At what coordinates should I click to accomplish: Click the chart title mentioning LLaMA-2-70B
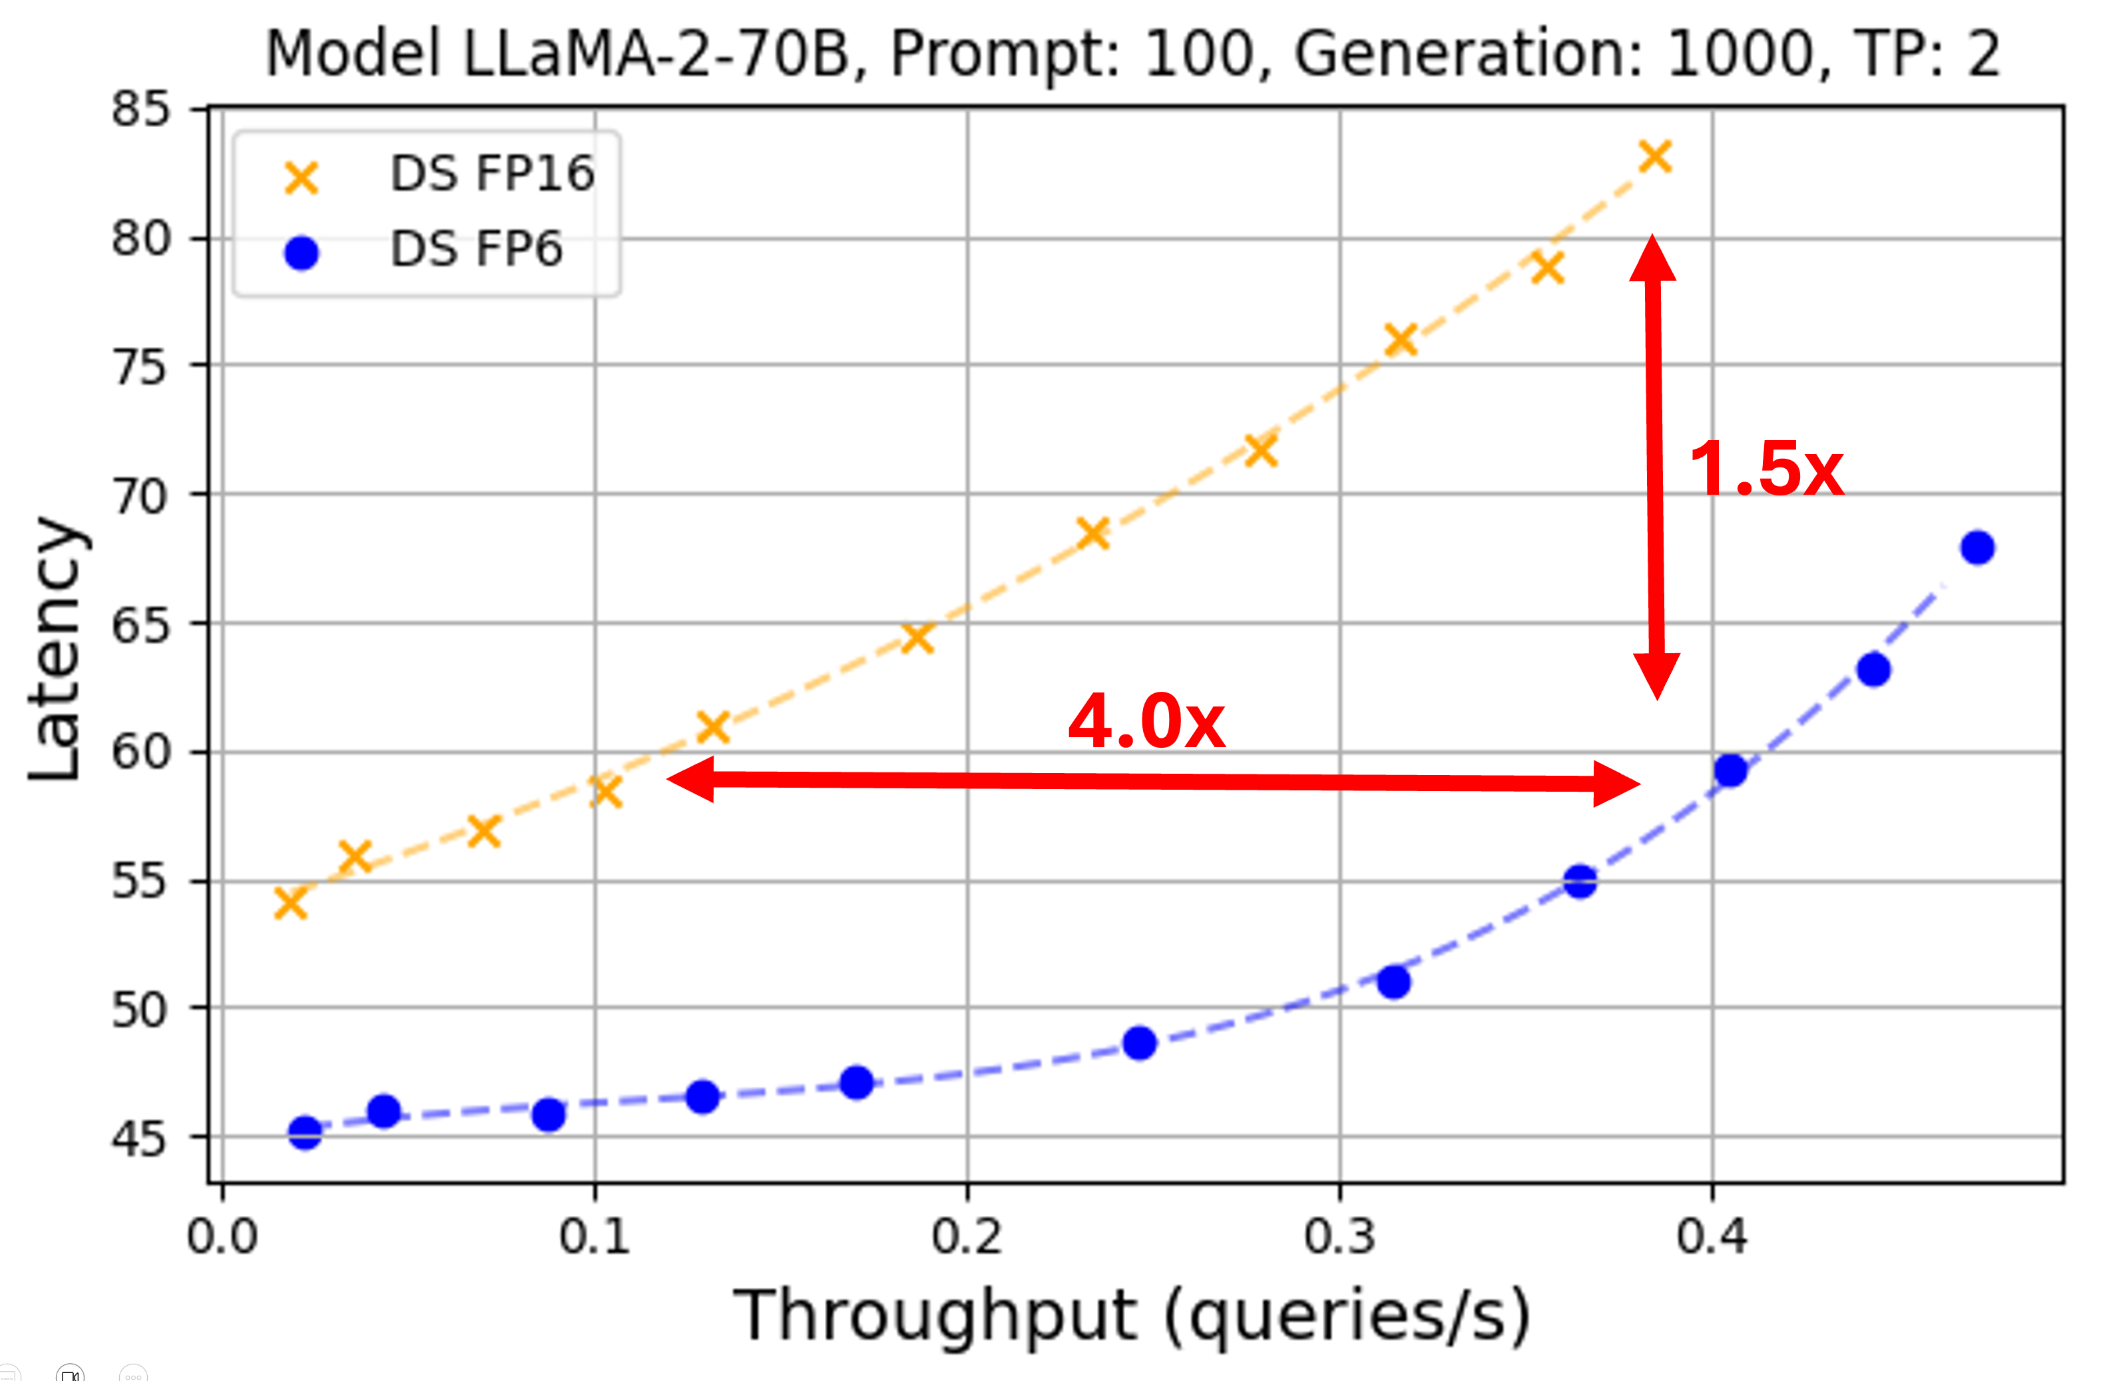coord(1132,55)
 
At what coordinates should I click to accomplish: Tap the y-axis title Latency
coord(55,649)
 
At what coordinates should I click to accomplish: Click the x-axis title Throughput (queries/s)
coord(1132,1316)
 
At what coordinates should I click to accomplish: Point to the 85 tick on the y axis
coord(140,111)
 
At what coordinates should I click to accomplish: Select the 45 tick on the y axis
coord(140,1139)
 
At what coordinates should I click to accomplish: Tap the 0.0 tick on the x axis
coord(222,1237)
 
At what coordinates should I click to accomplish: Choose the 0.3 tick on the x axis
coord(1339,1237)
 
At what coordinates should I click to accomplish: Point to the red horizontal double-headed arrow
coord(1152,780)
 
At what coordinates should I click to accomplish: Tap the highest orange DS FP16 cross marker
coord(1655,157)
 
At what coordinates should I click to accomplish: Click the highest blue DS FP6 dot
coord(1977,547)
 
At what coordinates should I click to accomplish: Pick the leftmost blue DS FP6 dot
coord(304,1132)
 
